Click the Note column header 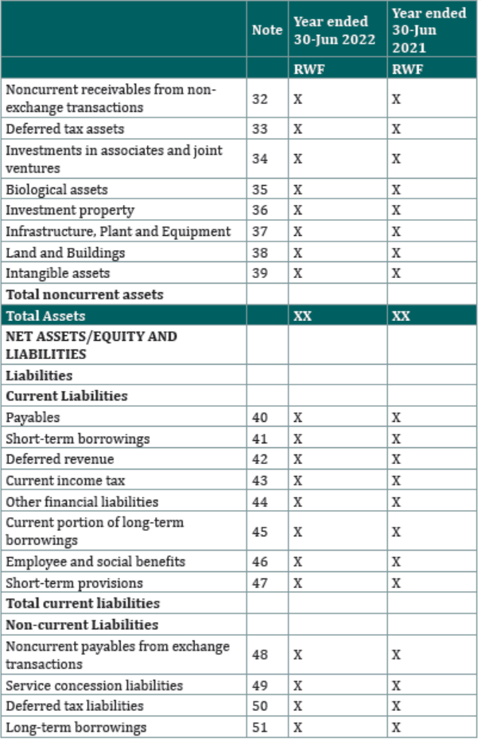(267, 30)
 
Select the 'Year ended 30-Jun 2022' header (334, 30)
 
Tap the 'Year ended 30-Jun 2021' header (429, 30)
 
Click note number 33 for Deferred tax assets (259, 129)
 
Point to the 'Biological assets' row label (56, 190)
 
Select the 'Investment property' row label (70, 211)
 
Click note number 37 (259, 231)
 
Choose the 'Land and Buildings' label (65, 253)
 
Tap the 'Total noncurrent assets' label (84, 295)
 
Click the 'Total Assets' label (45, 315)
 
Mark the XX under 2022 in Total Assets (303, 315)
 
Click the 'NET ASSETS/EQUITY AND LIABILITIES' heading (91, 345)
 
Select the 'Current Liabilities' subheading (67, 396)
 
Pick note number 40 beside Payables (259, 417)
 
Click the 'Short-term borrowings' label (78, 439)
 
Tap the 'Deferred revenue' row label (60, 459)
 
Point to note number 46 (259, 562)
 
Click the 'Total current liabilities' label (83, 603)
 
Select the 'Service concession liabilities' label (94, 686)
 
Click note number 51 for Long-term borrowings (259, 728)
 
